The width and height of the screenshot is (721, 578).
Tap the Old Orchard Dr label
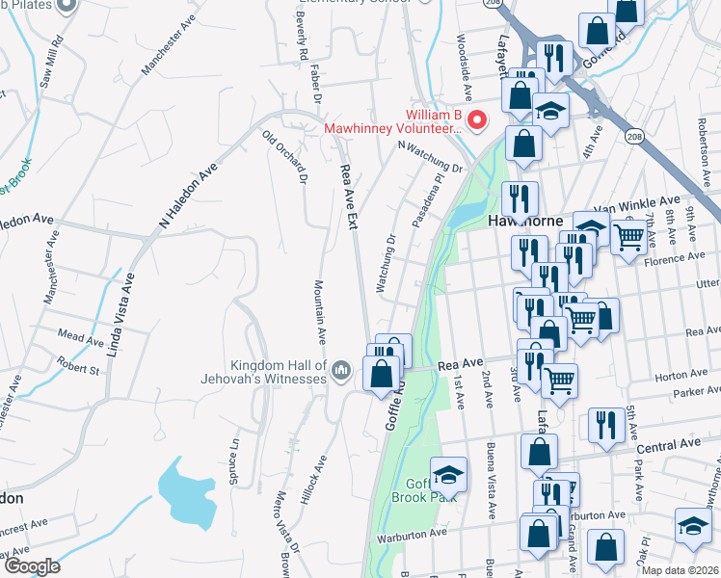[284, 158]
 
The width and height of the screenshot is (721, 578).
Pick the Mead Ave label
[80, 340]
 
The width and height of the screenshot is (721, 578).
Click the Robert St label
[77, 364]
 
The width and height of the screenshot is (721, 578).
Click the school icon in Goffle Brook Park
[448, 474]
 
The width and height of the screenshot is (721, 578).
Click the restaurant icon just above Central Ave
[605, 424]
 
